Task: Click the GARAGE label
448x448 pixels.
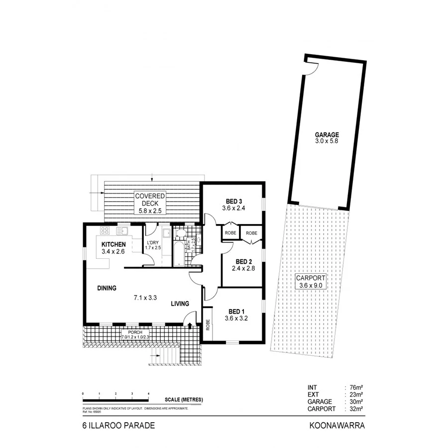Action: coord(327,134)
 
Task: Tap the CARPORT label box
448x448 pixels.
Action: coord(311,281)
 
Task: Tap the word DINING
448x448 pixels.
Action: coord(107,288)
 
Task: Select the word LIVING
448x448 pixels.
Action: coord(180,303)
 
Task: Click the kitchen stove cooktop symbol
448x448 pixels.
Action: coord(105,230)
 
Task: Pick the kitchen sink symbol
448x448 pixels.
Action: coord(122,230)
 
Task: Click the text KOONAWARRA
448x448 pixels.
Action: coord(337,426)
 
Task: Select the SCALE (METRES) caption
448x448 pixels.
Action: coord(184,400)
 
